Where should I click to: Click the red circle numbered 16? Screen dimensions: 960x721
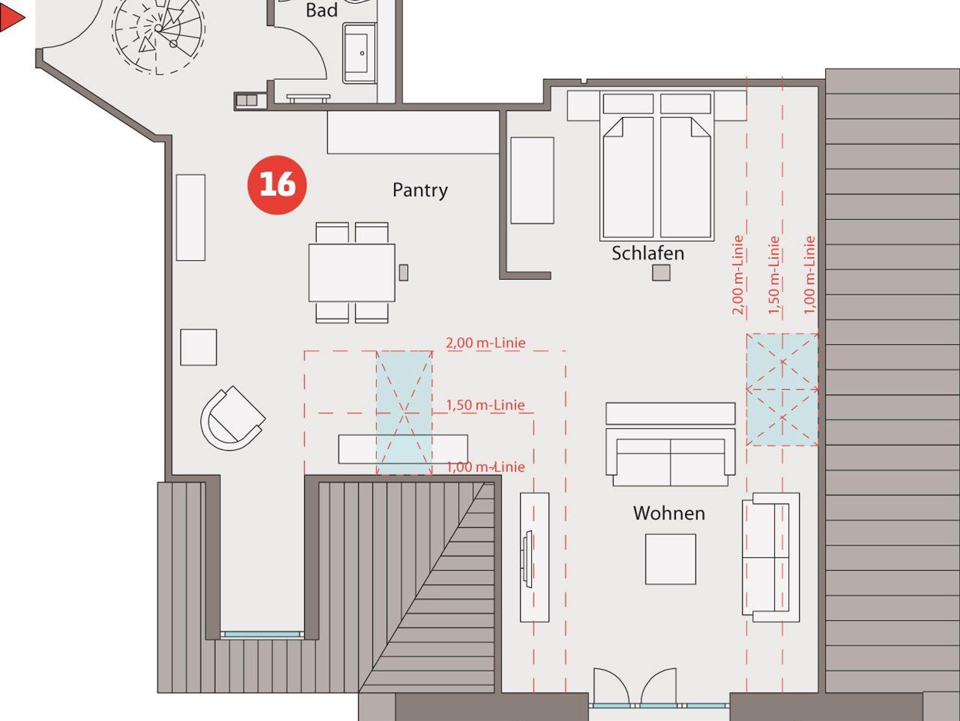277,185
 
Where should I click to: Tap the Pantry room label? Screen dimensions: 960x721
420,190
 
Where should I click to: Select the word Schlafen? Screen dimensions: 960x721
648,253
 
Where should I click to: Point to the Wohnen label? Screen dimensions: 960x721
669,513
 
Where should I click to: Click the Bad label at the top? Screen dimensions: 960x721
322,10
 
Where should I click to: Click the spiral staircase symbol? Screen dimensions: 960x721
158,33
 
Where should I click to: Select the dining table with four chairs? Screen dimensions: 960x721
352,272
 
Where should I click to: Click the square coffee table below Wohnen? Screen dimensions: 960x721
670,559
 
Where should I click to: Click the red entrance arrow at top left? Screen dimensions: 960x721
12,18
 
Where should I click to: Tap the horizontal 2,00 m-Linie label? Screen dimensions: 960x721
485,343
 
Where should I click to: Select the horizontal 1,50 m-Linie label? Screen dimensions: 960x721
485,405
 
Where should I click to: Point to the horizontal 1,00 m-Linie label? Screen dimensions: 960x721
485,466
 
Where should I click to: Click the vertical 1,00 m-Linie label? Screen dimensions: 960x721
810,275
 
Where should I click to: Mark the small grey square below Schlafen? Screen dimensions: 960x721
661,272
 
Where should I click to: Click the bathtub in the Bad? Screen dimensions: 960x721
360,53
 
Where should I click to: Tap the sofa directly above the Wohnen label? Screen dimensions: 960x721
670,444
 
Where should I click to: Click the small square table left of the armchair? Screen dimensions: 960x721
198,347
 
